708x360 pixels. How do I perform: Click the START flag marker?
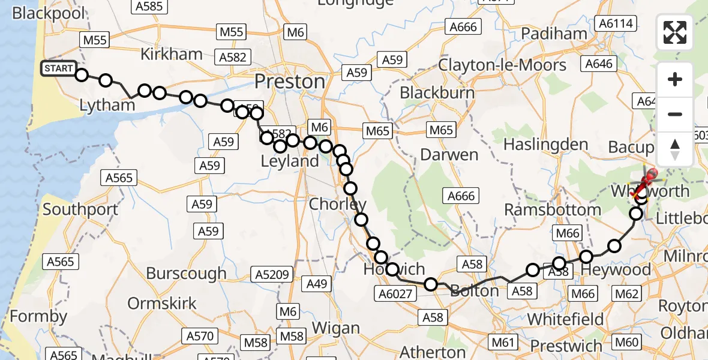tap(58, 68)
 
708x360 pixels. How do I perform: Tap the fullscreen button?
tap(675, 32)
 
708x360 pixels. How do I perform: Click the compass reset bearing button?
tap(675, 149)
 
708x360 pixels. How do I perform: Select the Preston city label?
tap(290, 81)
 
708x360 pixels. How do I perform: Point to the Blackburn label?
tap(437, 93)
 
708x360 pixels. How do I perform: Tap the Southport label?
tap(80, 211)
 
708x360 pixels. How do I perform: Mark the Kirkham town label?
tap(172, 54)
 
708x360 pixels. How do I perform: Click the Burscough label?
tap(187, 274)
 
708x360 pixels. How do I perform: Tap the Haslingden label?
tap(546, 145)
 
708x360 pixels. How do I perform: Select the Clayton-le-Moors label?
tap(502, 65)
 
